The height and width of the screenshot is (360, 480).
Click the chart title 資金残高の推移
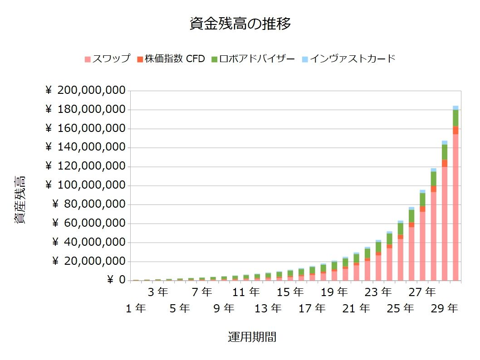[x=240, y=24]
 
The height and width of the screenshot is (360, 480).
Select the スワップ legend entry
[x=108, y=59]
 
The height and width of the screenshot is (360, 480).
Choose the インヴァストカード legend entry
[x=348, y=59]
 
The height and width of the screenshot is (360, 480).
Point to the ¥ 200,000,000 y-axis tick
[x=85, y=91]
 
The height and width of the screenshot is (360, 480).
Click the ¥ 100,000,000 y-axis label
[x=85, y=185]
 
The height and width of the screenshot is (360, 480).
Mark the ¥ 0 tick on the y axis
[x=116, y=280]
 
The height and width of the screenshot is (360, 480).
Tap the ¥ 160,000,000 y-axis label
[x=85, y=128]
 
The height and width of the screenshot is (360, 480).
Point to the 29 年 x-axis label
[x=445, y=309]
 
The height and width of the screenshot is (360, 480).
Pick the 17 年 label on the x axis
[x=312, y=309]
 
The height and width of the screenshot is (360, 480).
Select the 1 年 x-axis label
[x=136, y=309]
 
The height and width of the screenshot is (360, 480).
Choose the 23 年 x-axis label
[x=378, y=292]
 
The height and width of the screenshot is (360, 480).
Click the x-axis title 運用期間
[x=252, y=337]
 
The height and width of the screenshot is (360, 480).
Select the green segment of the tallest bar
[x=456, y=118]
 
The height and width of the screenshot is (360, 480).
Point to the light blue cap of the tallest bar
[x=456, y=107]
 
